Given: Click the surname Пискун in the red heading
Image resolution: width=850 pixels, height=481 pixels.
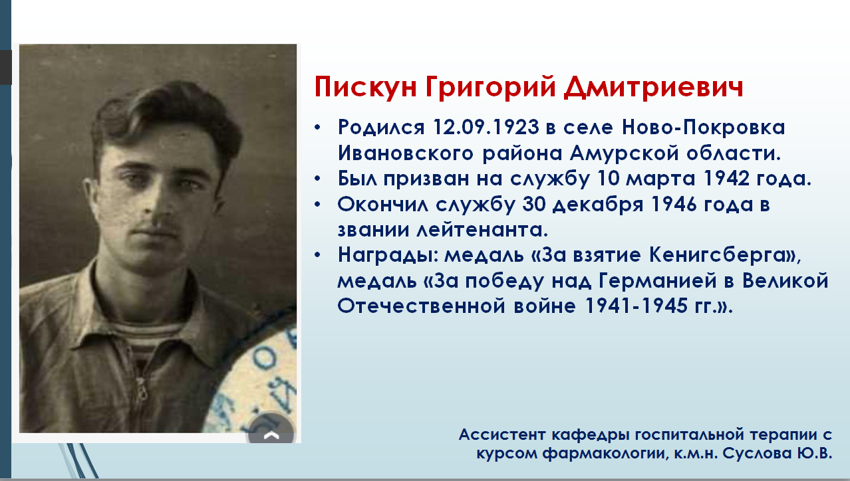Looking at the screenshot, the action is (x=365, y=87).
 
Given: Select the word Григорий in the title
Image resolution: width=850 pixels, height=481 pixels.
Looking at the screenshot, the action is (x=490, y=88).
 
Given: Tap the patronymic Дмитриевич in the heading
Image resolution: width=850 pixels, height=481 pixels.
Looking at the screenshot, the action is (x=653, y=87).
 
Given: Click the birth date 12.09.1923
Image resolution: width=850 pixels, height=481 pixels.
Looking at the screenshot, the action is (x=486, y=127).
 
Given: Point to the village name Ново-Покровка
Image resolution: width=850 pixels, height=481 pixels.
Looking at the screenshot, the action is (x=703, y=127).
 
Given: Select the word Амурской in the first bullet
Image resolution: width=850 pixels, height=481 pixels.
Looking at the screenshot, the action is (x=623, y=153).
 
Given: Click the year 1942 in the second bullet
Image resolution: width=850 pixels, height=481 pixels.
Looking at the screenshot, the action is (x=726, y=178).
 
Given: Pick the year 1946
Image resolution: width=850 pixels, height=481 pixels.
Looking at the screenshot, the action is (x=674, y=205).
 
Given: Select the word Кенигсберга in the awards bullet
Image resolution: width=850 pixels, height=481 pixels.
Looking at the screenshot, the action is (x=717, y=255).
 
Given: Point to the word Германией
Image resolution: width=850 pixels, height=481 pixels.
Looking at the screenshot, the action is (x=658, y=281).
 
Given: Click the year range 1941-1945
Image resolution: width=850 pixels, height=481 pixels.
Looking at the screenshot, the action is (x=637, y=306).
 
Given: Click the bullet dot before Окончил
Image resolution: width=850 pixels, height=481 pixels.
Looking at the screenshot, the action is (x=318, y=205).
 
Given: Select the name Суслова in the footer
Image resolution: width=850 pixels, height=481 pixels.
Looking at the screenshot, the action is (x=754, y=453).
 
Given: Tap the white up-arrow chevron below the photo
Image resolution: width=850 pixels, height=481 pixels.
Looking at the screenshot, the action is (x=271, y=436).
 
